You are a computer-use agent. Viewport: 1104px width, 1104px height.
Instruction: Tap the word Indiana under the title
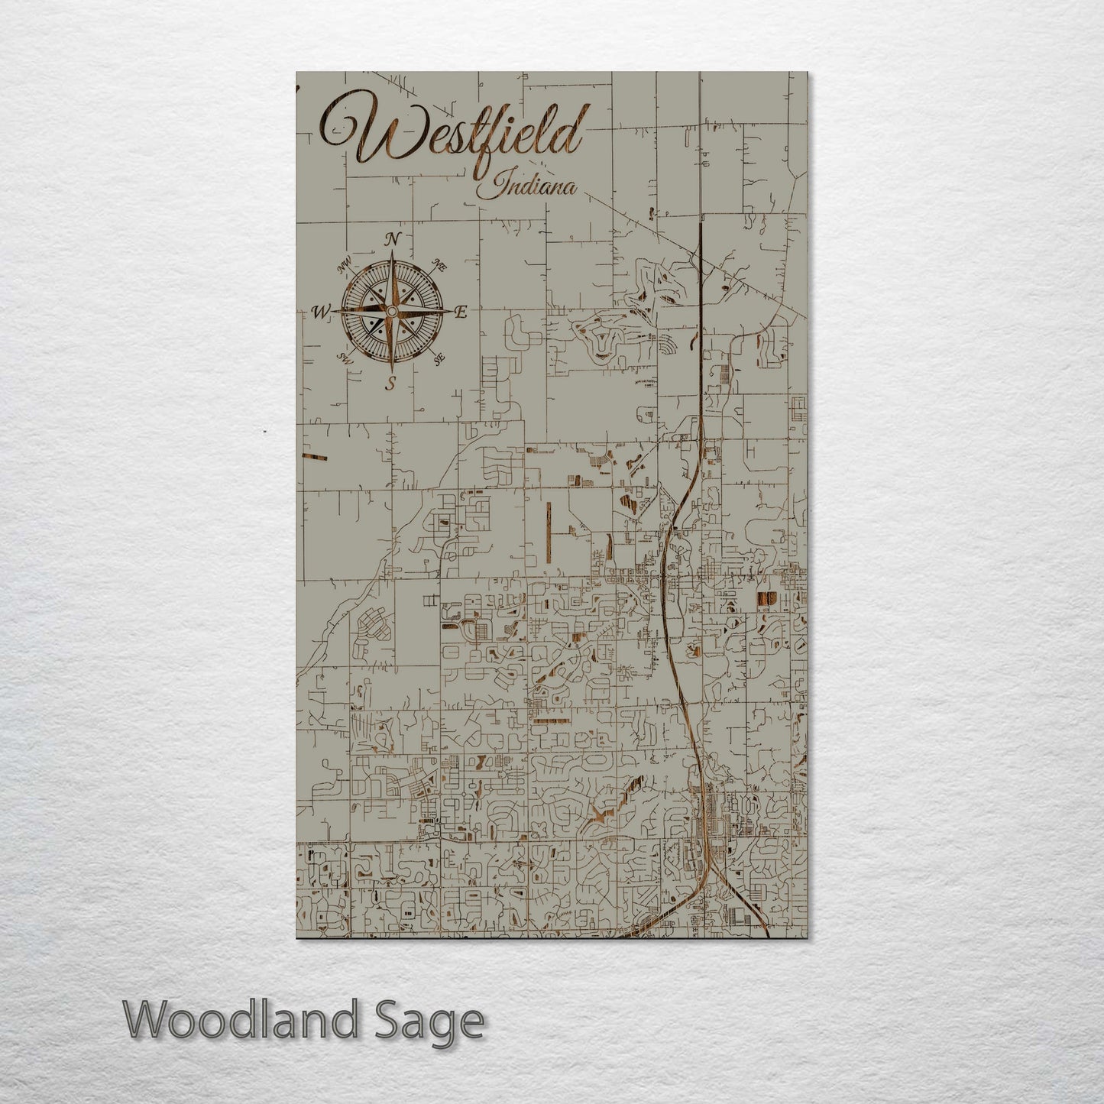click(526, 186)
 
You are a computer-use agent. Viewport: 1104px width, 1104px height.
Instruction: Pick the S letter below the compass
click(390, 384)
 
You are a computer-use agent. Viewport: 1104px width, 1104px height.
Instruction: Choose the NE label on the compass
click(439, 265)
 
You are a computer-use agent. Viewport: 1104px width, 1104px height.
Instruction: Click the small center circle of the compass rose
click(391, 312)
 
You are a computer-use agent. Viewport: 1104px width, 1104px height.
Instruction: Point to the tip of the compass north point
click(392, 251)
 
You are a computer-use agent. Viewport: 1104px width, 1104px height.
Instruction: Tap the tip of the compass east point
click(452, 312)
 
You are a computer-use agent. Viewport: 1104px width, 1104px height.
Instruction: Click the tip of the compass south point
click(391, 372)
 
